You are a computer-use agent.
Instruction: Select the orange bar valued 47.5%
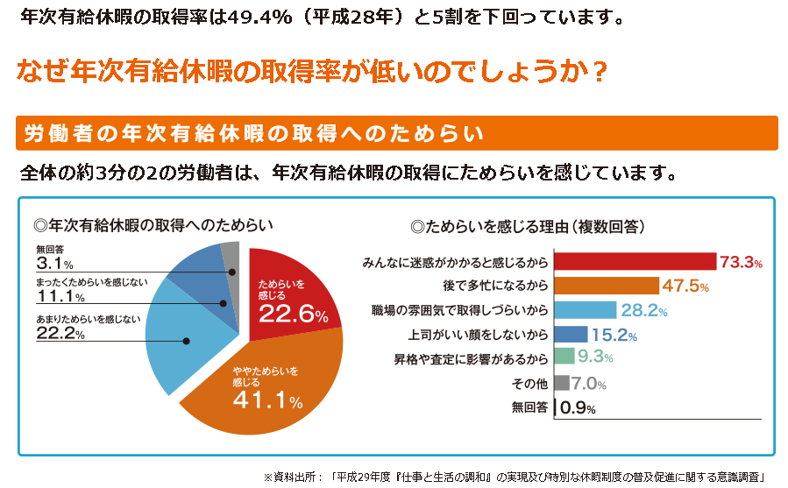click(x=606, y=286)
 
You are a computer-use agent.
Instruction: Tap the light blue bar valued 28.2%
click(x=586, y=309)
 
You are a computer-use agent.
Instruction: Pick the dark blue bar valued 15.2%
click(x=571, y=334)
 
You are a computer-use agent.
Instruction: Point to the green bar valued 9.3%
click(x=564, y=357)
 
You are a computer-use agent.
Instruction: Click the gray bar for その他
click(x=562, y=382)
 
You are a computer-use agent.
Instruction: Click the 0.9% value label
click(x=579, y=407)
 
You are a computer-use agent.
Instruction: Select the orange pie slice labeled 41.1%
click(x=263, y=385)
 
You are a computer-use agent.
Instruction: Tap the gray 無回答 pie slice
click(x=231, y=255)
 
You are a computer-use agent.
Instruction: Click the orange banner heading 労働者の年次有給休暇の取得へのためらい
click(x=254, y=133)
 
